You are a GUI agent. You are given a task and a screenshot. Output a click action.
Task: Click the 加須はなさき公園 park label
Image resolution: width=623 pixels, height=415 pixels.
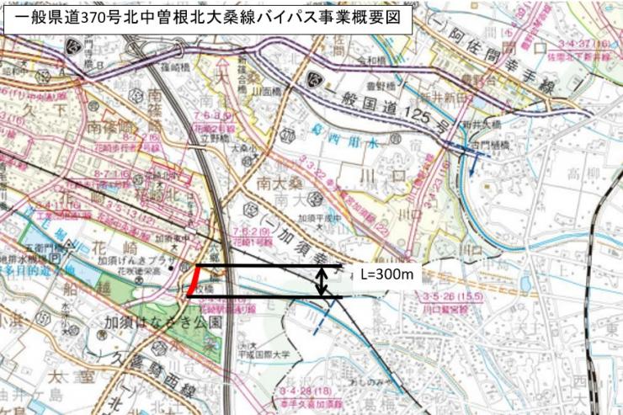coord(162,322)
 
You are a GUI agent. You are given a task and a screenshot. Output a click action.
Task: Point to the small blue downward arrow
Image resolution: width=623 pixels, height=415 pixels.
coord(474,165)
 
